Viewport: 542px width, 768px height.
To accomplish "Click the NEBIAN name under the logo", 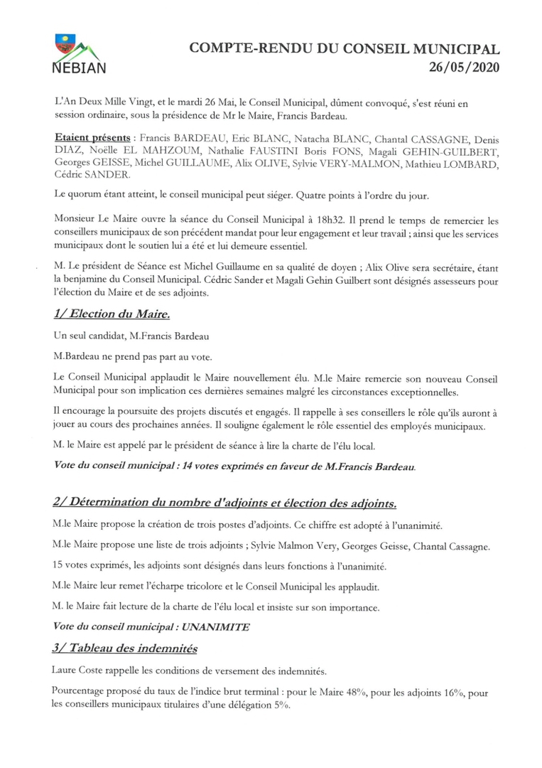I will (80, 68).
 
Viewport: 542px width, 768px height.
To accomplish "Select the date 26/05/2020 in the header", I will (465, 68).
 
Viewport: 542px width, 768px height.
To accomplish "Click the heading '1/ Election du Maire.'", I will (111, 314).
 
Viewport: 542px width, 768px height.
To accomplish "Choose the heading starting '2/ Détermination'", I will (224, 503).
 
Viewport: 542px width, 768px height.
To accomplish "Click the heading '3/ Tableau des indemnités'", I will (124, 649).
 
